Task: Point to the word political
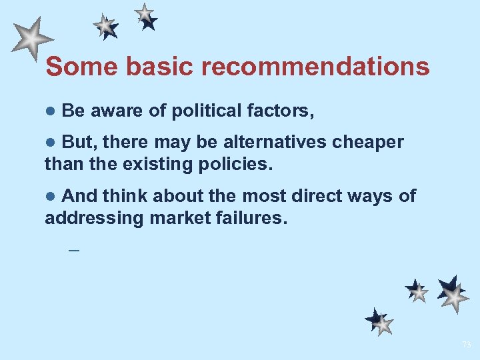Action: click(206, 111)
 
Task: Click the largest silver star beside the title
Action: click(31, 39)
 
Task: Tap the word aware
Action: click(117, 111)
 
